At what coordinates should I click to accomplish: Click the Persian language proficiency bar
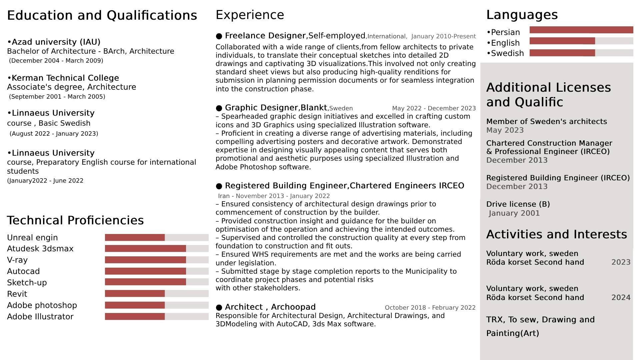click(581, 30)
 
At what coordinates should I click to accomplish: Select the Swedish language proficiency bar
click(581, 53)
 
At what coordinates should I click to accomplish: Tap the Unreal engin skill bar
click(156, 238)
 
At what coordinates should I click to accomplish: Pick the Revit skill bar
click(156, 294)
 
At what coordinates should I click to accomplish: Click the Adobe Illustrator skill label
click(40, 317)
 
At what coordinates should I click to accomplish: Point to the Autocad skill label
click(23, 271)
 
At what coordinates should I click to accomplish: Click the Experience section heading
click(250, 15)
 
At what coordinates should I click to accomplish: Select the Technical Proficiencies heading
click(75, 220)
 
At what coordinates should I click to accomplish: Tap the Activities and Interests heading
click(556, 234)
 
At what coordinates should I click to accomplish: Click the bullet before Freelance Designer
click(219, 36)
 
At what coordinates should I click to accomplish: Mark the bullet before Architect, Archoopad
click(219, 307)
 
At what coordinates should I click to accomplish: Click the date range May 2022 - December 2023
click(434, 108)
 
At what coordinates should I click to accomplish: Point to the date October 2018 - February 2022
click(430, 308)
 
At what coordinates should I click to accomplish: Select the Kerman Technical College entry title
click(65, 78)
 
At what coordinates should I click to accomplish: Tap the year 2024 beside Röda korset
click(621, 297)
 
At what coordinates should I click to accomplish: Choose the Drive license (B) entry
click(518, 204)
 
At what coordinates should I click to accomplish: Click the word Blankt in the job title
click(314, 108)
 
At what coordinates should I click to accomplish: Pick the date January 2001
click(514, 213)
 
